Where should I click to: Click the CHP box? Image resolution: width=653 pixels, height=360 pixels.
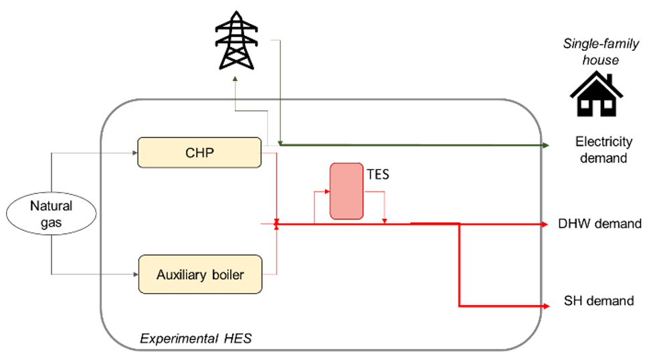pos(199,153)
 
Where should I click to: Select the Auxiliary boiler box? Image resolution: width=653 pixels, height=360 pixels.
pos(200,274)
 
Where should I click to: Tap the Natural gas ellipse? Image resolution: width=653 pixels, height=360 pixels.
pos(52,213)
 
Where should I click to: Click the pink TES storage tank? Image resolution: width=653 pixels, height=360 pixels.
pos(347,191)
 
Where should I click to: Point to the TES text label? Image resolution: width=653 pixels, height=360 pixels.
pos(378,174)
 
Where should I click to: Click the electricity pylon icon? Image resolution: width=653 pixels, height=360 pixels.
pos(236,40)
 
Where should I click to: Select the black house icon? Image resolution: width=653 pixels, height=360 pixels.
pos(596,94)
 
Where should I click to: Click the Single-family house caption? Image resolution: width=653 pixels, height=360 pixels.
pos(601,52)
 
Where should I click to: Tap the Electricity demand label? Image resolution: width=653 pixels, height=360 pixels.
pos(604,150)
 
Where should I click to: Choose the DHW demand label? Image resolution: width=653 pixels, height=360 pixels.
pos(599,223)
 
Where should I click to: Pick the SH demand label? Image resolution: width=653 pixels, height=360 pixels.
pos(599,301)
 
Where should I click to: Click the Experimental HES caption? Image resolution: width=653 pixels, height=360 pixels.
pos(196,339)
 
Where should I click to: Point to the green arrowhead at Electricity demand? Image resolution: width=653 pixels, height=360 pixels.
pos(546,145)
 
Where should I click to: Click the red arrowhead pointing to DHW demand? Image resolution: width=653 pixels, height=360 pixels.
pos(545,224)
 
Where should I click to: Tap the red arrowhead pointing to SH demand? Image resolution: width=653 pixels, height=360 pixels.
pos(547,306)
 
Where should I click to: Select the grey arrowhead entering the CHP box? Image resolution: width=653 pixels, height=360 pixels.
pos(135,153)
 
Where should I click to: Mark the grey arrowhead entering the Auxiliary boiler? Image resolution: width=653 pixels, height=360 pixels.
pos(136,274)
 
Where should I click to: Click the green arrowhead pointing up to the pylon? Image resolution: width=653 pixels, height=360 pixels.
pos(236,78)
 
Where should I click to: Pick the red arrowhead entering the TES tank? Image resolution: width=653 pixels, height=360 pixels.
pos(327,191)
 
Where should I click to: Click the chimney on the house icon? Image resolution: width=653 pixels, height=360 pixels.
pos(610,79)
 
